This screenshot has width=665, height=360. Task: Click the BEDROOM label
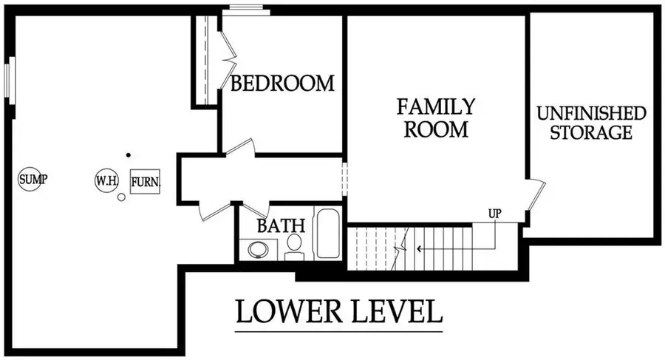(x=282, y=84)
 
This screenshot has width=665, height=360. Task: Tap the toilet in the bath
(x=294, y=246)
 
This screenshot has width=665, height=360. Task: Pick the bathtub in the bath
(x=327, y=234)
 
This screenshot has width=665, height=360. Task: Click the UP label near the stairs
(x=495, y=214)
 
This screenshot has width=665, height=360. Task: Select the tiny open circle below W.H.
(x=120, y=197)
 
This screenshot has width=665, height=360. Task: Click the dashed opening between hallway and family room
(x=344, y=178)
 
